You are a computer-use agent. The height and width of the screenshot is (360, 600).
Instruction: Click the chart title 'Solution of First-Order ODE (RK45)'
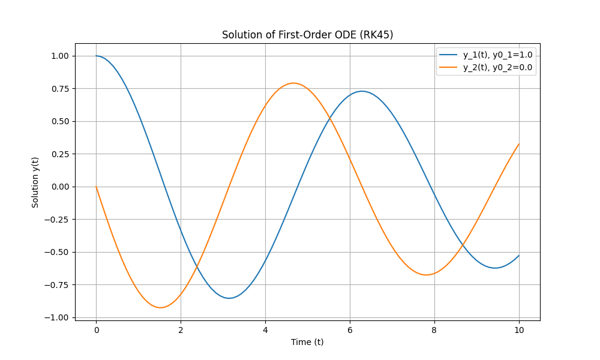(x=307, y=35)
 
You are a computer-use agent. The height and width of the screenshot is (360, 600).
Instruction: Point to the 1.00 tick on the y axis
(x=60, y=56)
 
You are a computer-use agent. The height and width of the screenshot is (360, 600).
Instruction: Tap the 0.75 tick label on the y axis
(x=60, y=89)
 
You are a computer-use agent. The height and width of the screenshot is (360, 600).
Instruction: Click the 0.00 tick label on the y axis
(x=60, y=187)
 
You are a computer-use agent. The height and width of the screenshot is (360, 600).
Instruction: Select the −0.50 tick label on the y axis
(x=56, y=252)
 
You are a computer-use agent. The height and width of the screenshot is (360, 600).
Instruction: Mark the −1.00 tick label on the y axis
(x=56, y=317)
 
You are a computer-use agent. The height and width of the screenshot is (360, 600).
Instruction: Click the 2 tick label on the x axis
(x=181, y=330)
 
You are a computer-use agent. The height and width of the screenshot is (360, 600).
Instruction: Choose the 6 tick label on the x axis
(x=350, y=330)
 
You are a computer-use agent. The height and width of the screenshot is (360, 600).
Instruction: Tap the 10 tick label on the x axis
(x=519, y=330)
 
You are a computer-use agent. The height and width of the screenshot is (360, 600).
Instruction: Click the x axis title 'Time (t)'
(x=307, y=342)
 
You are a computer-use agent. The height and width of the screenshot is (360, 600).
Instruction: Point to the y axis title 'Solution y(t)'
(x=35, y=182)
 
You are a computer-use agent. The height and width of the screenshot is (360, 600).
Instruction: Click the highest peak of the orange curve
(x=293, y=83)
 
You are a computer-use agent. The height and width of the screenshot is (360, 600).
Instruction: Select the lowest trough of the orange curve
(x=160, y=308)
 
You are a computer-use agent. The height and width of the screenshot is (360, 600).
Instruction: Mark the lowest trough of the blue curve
(x=229, y=298)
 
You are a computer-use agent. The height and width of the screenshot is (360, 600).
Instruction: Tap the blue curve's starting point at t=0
(x=96, y=56)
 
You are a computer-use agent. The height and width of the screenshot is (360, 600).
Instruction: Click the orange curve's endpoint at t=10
(x=519, y=144)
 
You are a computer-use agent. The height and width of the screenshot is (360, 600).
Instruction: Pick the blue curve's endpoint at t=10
(x=519, y=255)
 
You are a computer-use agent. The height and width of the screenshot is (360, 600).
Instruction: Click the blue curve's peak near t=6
(x=362, y=91)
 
